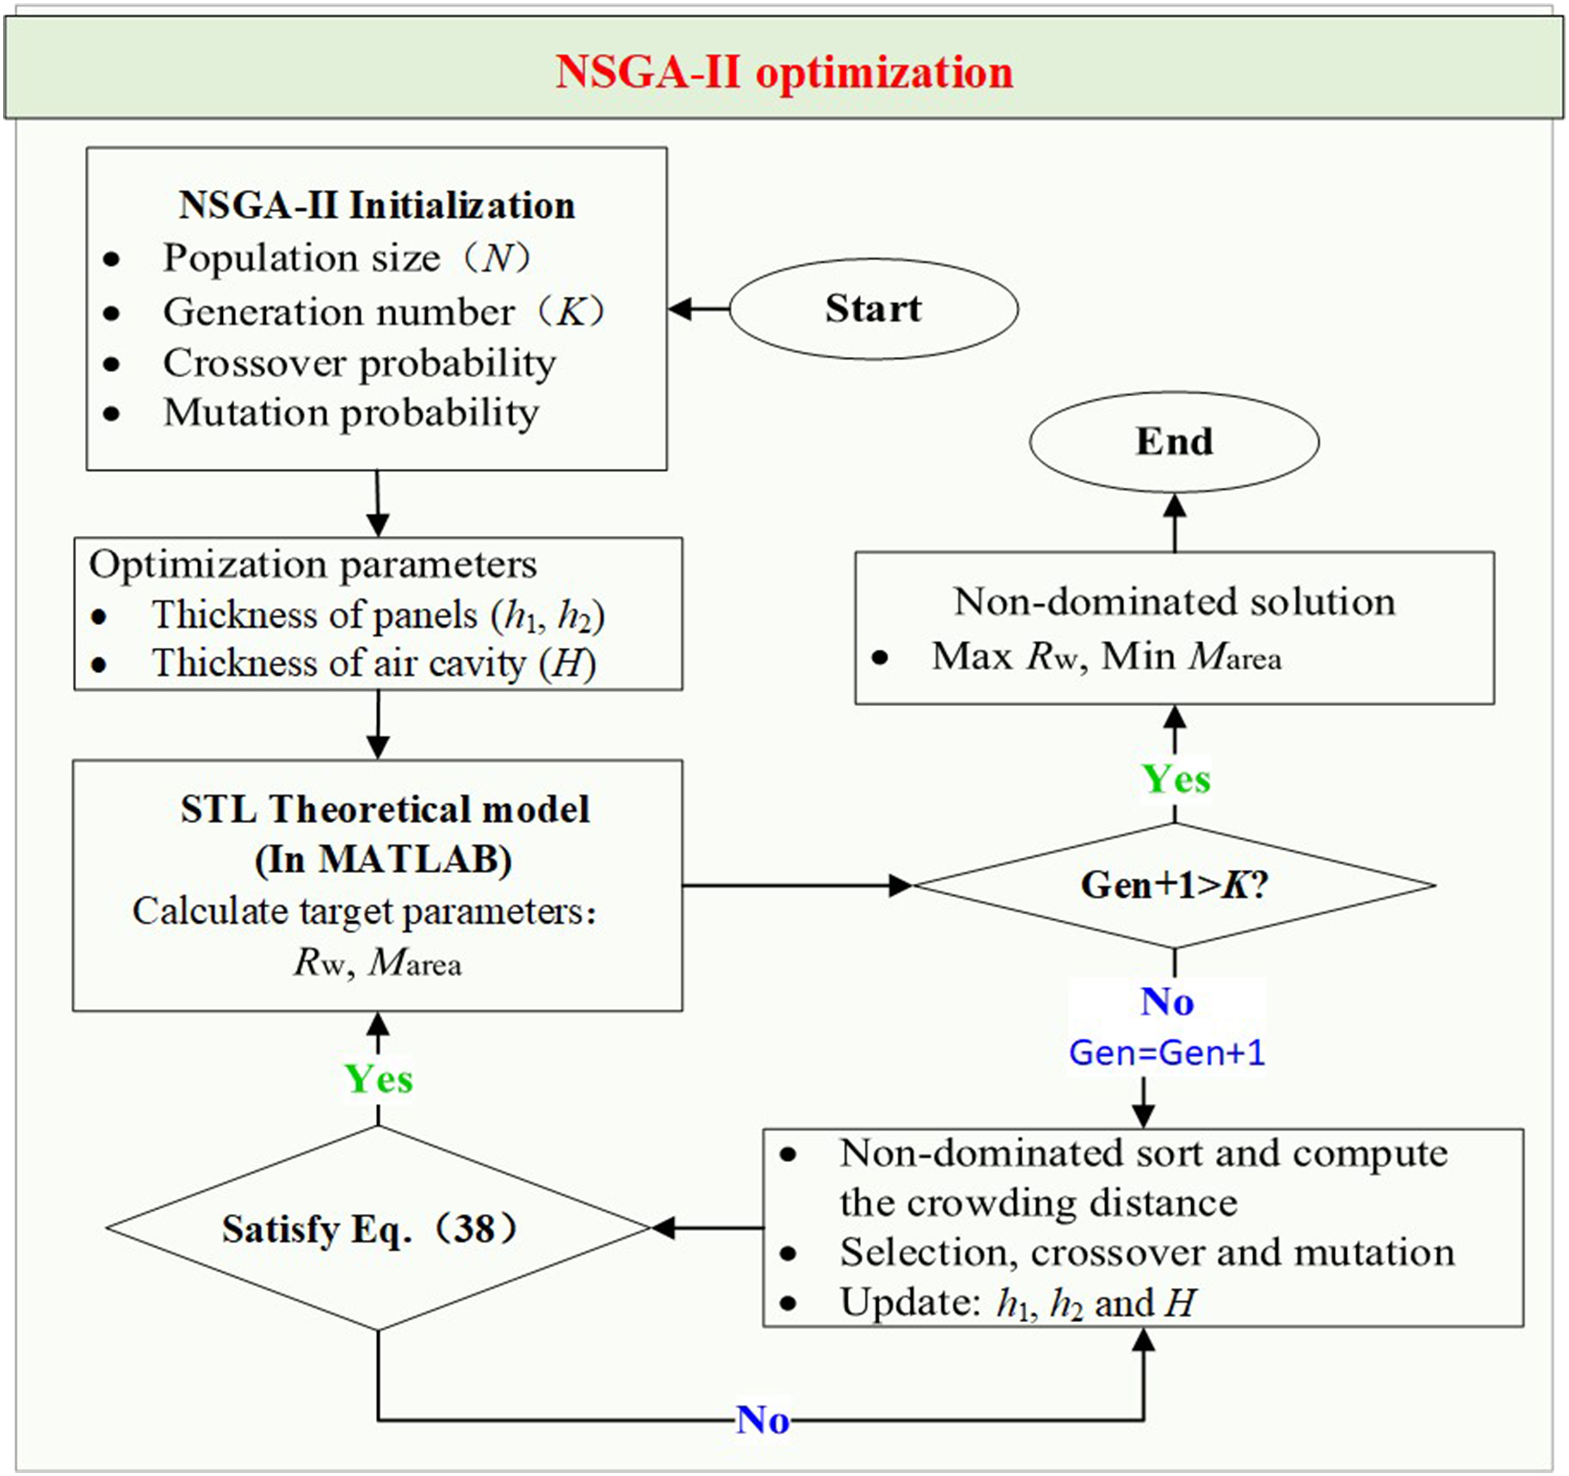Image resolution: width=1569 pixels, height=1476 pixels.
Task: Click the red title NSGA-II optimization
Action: click(784, 73)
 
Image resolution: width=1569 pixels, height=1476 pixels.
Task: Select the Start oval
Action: click(874, 309)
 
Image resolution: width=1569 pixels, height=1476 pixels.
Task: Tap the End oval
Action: click(1175, 442)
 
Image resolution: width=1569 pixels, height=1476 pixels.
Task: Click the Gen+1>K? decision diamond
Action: click(1175, 885)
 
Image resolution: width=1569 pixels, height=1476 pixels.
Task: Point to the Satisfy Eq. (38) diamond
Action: click(378, 1227)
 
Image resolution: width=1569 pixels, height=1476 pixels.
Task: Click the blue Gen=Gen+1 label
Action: click(1167, 1052)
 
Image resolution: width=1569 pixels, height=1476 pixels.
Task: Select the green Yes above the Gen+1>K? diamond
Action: click(1176, 780)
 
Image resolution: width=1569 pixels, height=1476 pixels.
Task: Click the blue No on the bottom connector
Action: click(762, 1421)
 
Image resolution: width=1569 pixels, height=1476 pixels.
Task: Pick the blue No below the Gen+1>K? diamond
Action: click(1167, 1002)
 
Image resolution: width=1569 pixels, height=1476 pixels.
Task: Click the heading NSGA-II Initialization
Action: click(377, 206)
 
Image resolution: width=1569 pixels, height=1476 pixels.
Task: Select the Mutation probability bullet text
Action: click(351, 413)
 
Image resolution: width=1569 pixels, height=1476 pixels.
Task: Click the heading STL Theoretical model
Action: click(385, 809)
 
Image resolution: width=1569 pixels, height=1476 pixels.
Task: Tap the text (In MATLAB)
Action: click(383, 860)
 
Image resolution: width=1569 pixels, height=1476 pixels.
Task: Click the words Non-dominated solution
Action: click(1175, 602)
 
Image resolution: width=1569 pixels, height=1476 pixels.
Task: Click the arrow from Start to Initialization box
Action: click(699, 309)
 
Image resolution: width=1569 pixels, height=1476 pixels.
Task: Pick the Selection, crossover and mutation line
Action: click(1147, 1253)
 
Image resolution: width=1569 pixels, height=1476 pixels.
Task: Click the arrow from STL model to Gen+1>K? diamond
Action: click(798, 885)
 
